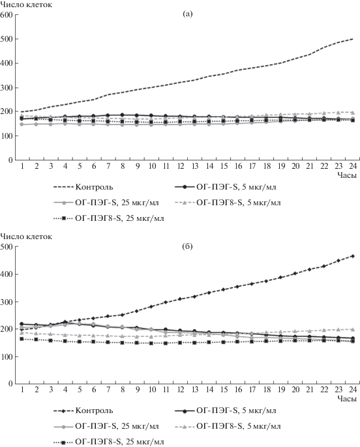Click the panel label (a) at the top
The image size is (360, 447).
point(187,14)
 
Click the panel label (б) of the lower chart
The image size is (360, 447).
point(187,246)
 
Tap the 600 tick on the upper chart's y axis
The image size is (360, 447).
point(7,14)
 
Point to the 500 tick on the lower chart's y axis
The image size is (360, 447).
point(7,247)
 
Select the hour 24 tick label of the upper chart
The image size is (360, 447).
point(353,166)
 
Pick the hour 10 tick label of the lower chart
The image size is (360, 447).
point(152,390)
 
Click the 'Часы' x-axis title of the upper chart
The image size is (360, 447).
point(347,175)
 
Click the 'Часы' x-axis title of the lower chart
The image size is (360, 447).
point(347,399)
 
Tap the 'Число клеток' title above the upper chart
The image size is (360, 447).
point(26,5)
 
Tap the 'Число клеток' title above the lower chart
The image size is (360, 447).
point(26,237)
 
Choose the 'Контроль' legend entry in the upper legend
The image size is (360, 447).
point(83,187)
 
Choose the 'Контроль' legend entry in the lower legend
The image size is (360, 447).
point(83,411)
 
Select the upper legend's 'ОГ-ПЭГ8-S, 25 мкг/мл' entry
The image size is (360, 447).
point(109,218)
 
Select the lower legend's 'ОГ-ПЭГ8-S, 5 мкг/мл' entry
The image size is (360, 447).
point(228,426)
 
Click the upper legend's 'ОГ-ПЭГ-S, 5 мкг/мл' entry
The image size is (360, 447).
point(226,187)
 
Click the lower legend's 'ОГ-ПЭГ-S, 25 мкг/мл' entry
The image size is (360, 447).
point(106,426)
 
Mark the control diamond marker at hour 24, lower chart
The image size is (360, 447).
point(353,256)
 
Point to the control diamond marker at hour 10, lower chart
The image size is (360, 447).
point(151,306)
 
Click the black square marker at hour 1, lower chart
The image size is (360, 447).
point(22,339)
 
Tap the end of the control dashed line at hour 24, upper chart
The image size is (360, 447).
point(353,39)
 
